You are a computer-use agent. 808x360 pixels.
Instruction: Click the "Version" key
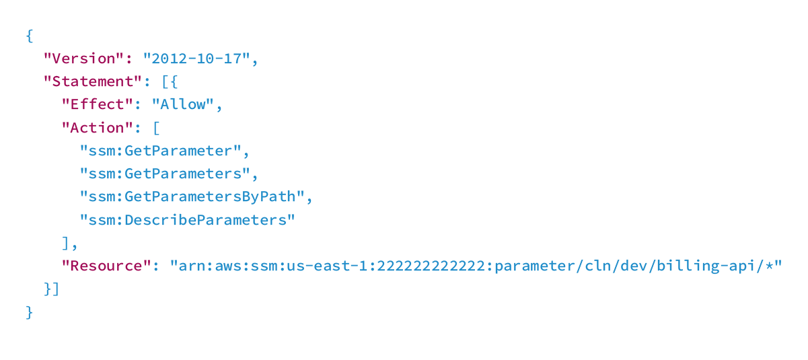(84, 59)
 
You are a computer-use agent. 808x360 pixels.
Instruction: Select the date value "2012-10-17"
(196, 59)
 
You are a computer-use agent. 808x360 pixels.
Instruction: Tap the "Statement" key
(93, 81)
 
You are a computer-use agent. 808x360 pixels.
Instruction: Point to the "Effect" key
(98, 104)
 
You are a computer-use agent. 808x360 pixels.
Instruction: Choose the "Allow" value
(183, 104)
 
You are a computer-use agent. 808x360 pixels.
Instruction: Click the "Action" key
(98, 128)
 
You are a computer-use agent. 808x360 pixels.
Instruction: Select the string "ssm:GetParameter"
(161, 151)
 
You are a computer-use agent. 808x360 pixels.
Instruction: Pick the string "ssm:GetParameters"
(165, 174)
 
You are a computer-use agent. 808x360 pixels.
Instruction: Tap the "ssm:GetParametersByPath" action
(192, 197)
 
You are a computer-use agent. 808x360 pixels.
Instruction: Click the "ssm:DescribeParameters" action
(188, 220)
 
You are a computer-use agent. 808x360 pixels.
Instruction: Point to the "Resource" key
(106, 266)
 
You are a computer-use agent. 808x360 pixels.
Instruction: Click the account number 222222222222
(431, 266)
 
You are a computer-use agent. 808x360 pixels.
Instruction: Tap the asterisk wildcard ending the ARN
(769, 265)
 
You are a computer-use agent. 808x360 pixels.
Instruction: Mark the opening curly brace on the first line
(30, 36)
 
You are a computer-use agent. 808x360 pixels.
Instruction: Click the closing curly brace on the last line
(30, 312)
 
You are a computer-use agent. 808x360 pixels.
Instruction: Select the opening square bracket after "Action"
(157, 128)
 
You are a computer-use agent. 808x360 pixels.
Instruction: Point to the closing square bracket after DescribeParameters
(66, 244)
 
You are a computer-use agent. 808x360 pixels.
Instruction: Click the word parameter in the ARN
(535, 266)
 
